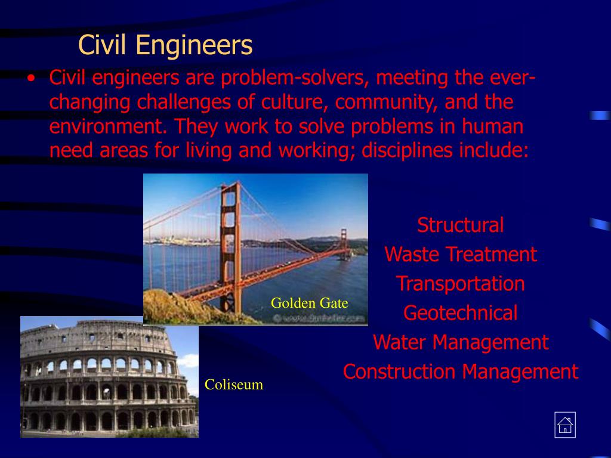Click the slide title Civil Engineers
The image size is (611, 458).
coord(165,45)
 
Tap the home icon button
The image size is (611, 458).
coord(564,425)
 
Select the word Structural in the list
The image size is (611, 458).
coord(460,225)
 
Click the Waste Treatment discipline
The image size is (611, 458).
coord(460,255)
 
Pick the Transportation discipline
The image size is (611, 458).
coord(460,284)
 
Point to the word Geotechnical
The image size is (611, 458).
coord(460,313)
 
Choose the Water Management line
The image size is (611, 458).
coord(460,342)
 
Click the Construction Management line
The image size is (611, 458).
coord(460,372)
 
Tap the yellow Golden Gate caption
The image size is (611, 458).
coord(309,304)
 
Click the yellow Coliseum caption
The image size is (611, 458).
coord(234,385)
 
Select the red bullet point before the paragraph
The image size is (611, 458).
coord(31,79)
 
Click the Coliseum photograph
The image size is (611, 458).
coord(109,377)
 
